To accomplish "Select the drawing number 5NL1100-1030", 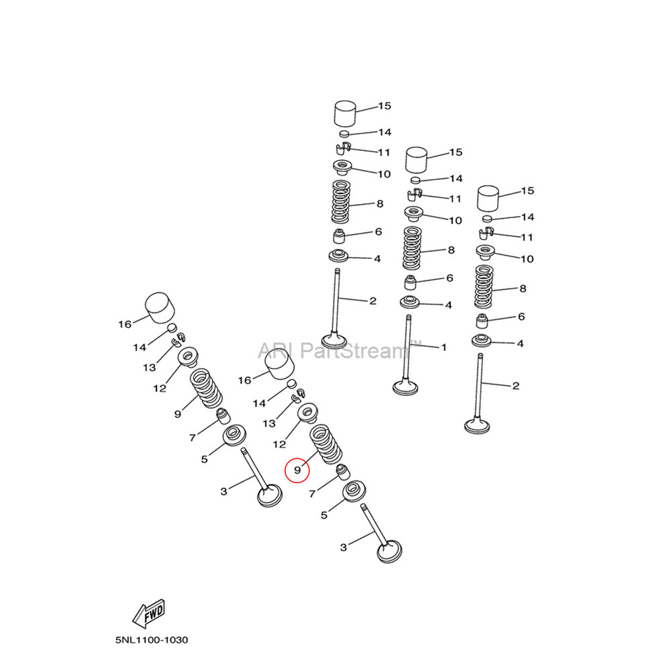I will pyautogui.click(x=152, y=640).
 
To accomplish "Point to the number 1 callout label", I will pyautogui.click(x=443, y=348).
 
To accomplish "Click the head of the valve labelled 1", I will pyautogui.click(x=407, y=386).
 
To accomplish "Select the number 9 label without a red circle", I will pyautogui.click(x=177, y=414).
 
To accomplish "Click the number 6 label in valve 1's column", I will pyautogui.click(x=448, y=278).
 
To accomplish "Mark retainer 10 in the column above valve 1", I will pyautogui.click(x=415, y=215).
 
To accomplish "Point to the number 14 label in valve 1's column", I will pyautogui.click(x=456, y=179).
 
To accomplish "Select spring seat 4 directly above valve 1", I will pyautogui.click(x=410, y=301).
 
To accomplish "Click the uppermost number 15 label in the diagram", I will pyautogui.click(x=384, y=106).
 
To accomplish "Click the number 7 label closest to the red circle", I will pyautogui.click(x=311, y=495).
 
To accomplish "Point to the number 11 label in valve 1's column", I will pyautogui.click(x=455, y=199).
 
